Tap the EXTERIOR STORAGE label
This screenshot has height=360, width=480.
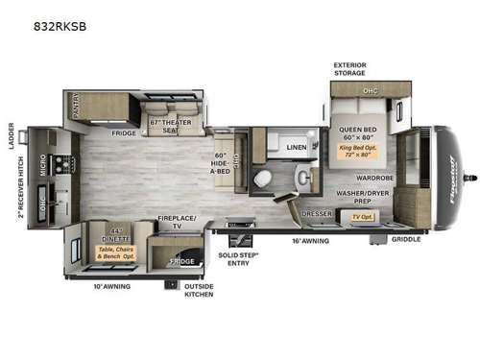click(349, 70)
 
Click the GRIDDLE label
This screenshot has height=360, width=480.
click(406, 239)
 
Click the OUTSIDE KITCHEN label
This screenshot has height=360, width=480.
click(199, 290)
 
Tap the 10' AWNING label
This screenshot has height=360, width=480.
click(112, 286)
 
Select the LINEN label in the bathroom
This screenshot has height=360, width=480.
click(296, 148)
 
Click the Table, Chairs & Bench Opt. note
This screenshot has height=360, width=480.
click(116, 253)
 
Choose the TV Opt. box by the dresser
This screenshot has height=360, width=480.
click(362, 218)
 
